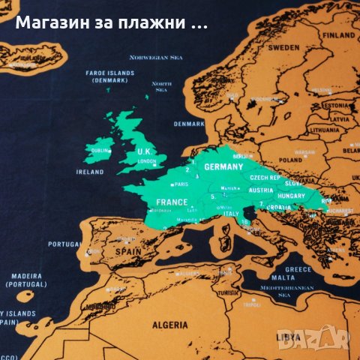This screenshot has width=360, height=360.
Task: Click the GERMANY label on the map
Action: tap(223, 167)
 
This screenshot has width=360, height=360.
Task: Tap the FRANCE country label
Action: tap(172, 202)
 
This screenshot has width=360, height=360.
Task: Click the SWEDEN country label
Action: tap(284, 46)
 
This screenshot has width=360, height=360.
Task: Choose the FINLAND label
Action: tap(339, 35)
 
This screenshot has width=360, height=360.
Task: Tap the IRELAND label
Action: tap(90, 172)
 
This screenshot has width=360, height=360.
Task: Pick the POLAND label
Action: tap(290, 160)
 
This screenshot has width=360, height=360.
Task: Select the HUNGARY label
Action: tap(291, 196)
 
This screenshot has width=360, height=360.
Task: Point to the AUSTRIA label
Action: tap(250, 190)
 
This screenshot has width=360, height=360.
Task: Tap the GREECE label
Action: tap(298, 269)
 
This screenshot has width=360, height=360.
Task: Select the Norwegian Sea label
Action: tap(156, 57)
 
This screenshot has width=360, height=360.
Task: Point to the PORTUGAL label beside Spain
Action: tap(64, 244)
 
